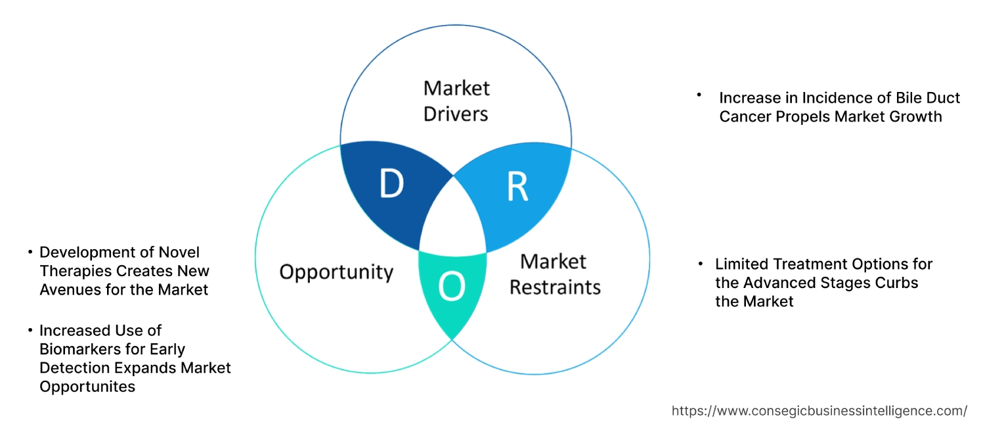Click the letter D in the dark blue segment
[392, 185]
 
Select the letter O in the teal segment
[452, 287]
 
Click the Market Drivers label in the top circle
[456, 101]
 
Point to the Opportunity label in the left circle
[336, 272]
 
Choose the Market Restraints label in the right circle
[555, 274]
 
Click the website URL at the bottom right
[819, 411]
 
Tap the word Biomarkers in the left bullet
[77, 349]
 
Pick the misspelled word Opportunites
[87, 387]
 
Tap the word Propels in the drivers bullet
[812, 116]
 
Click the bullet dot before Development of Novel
[30, 253]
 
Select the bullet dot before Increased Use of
[30, 330]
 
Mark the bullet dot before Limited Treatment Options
[702, 264]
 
